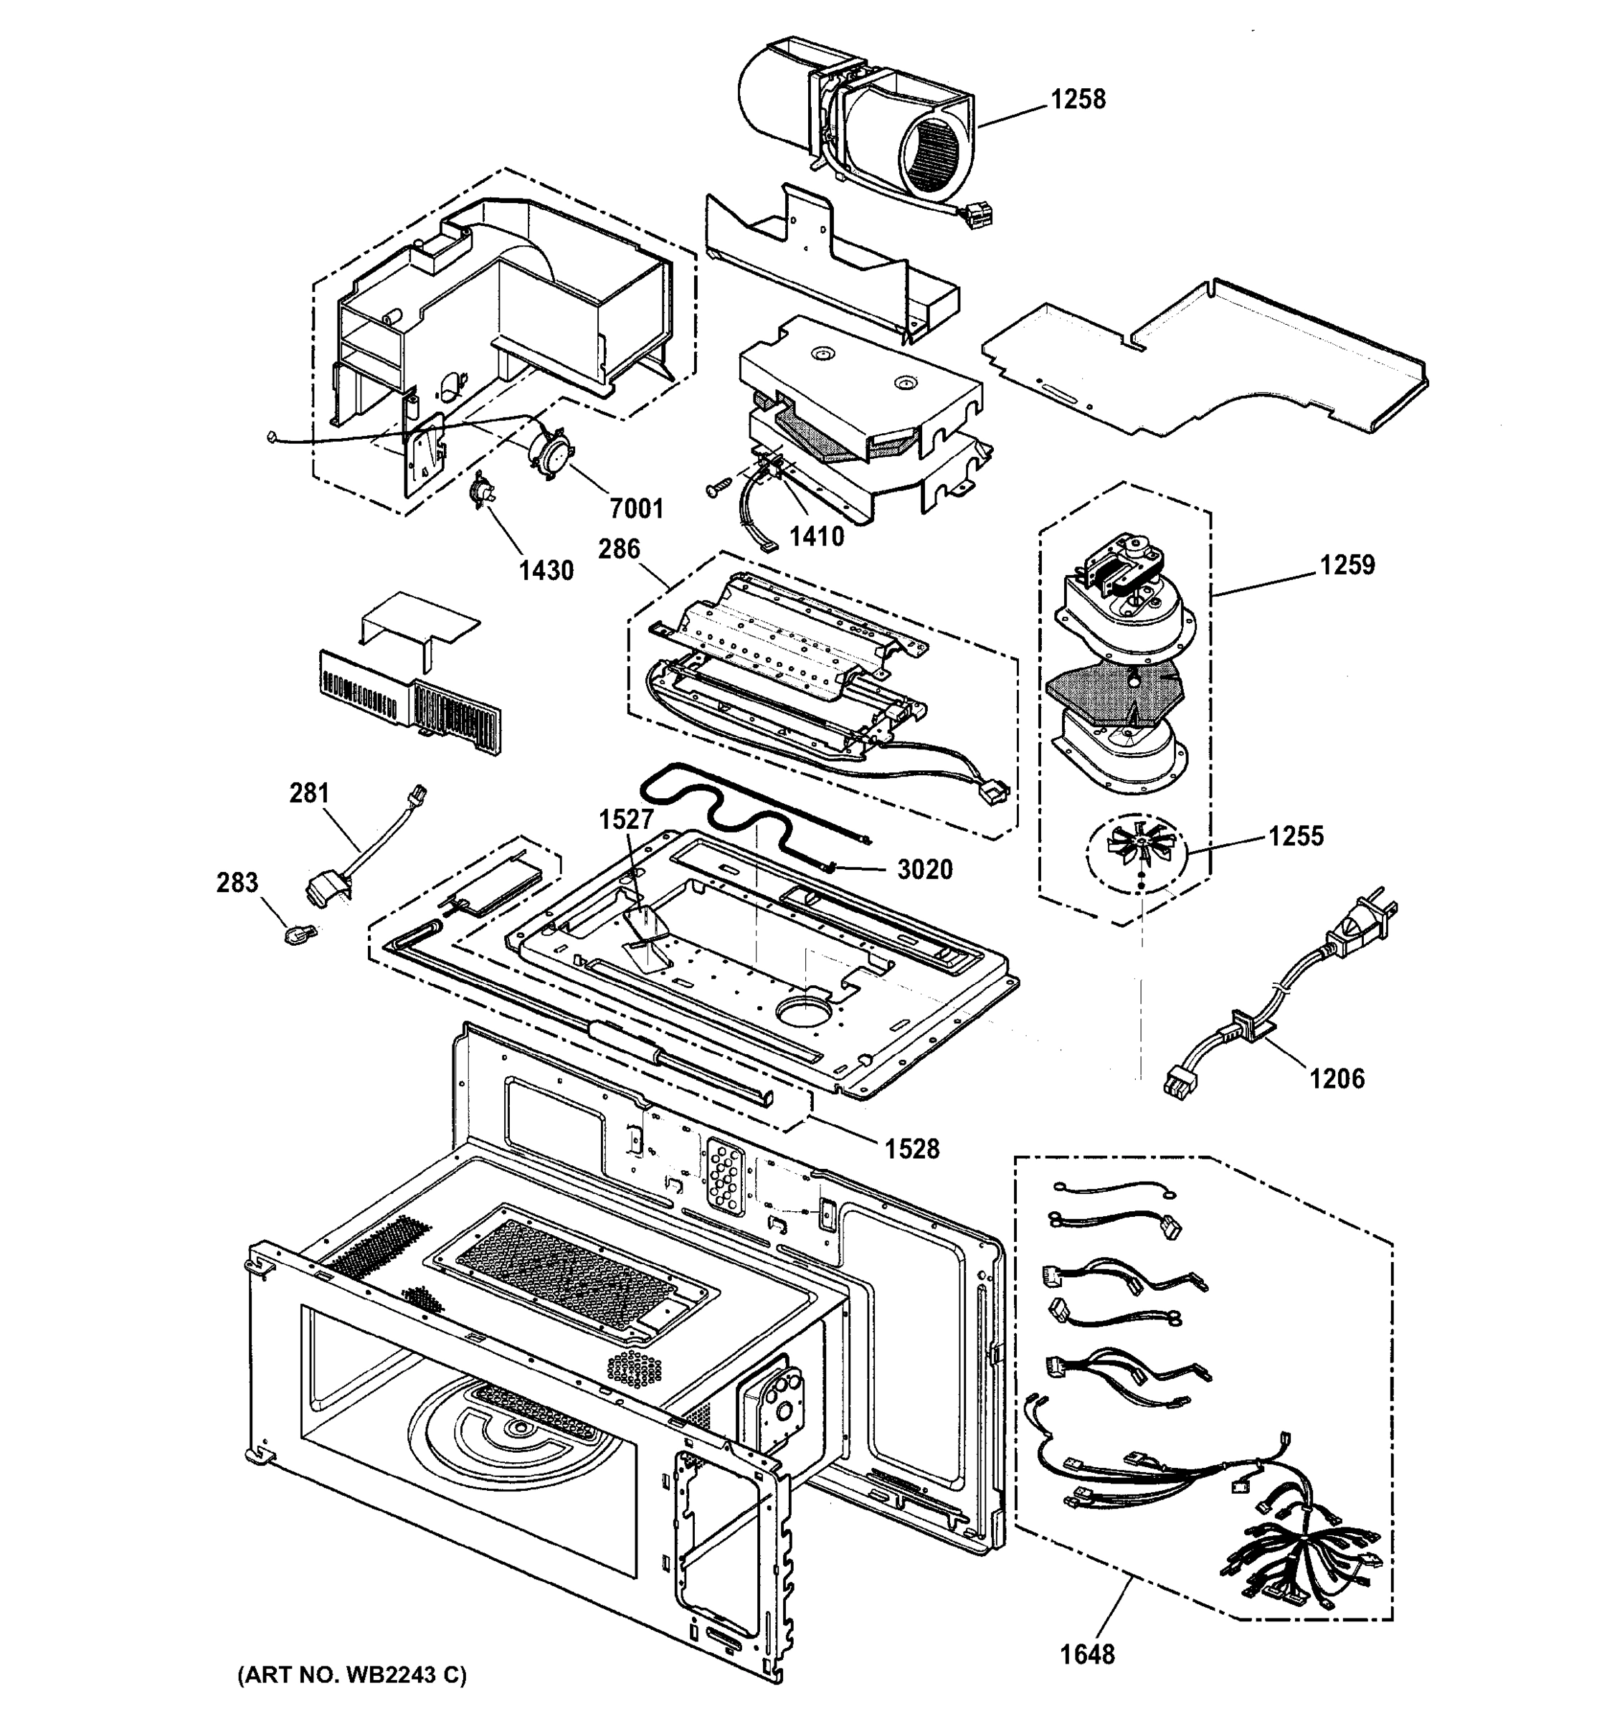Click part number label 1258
[1078, 100]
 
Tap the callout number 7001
[636, 508]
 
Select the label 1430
[546, 571]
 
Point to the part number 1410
[816, 536]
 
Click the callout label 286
[619, 549]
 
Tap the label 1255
[1296, 836]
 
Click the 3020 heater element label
[924, 869]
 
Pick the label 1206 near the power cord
[1337, 1078]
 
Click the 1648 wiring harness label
[1087, 1654]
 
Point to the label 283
[237, 882]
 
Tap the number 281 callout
[309, 793]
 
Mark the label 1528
[911, 1149]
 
